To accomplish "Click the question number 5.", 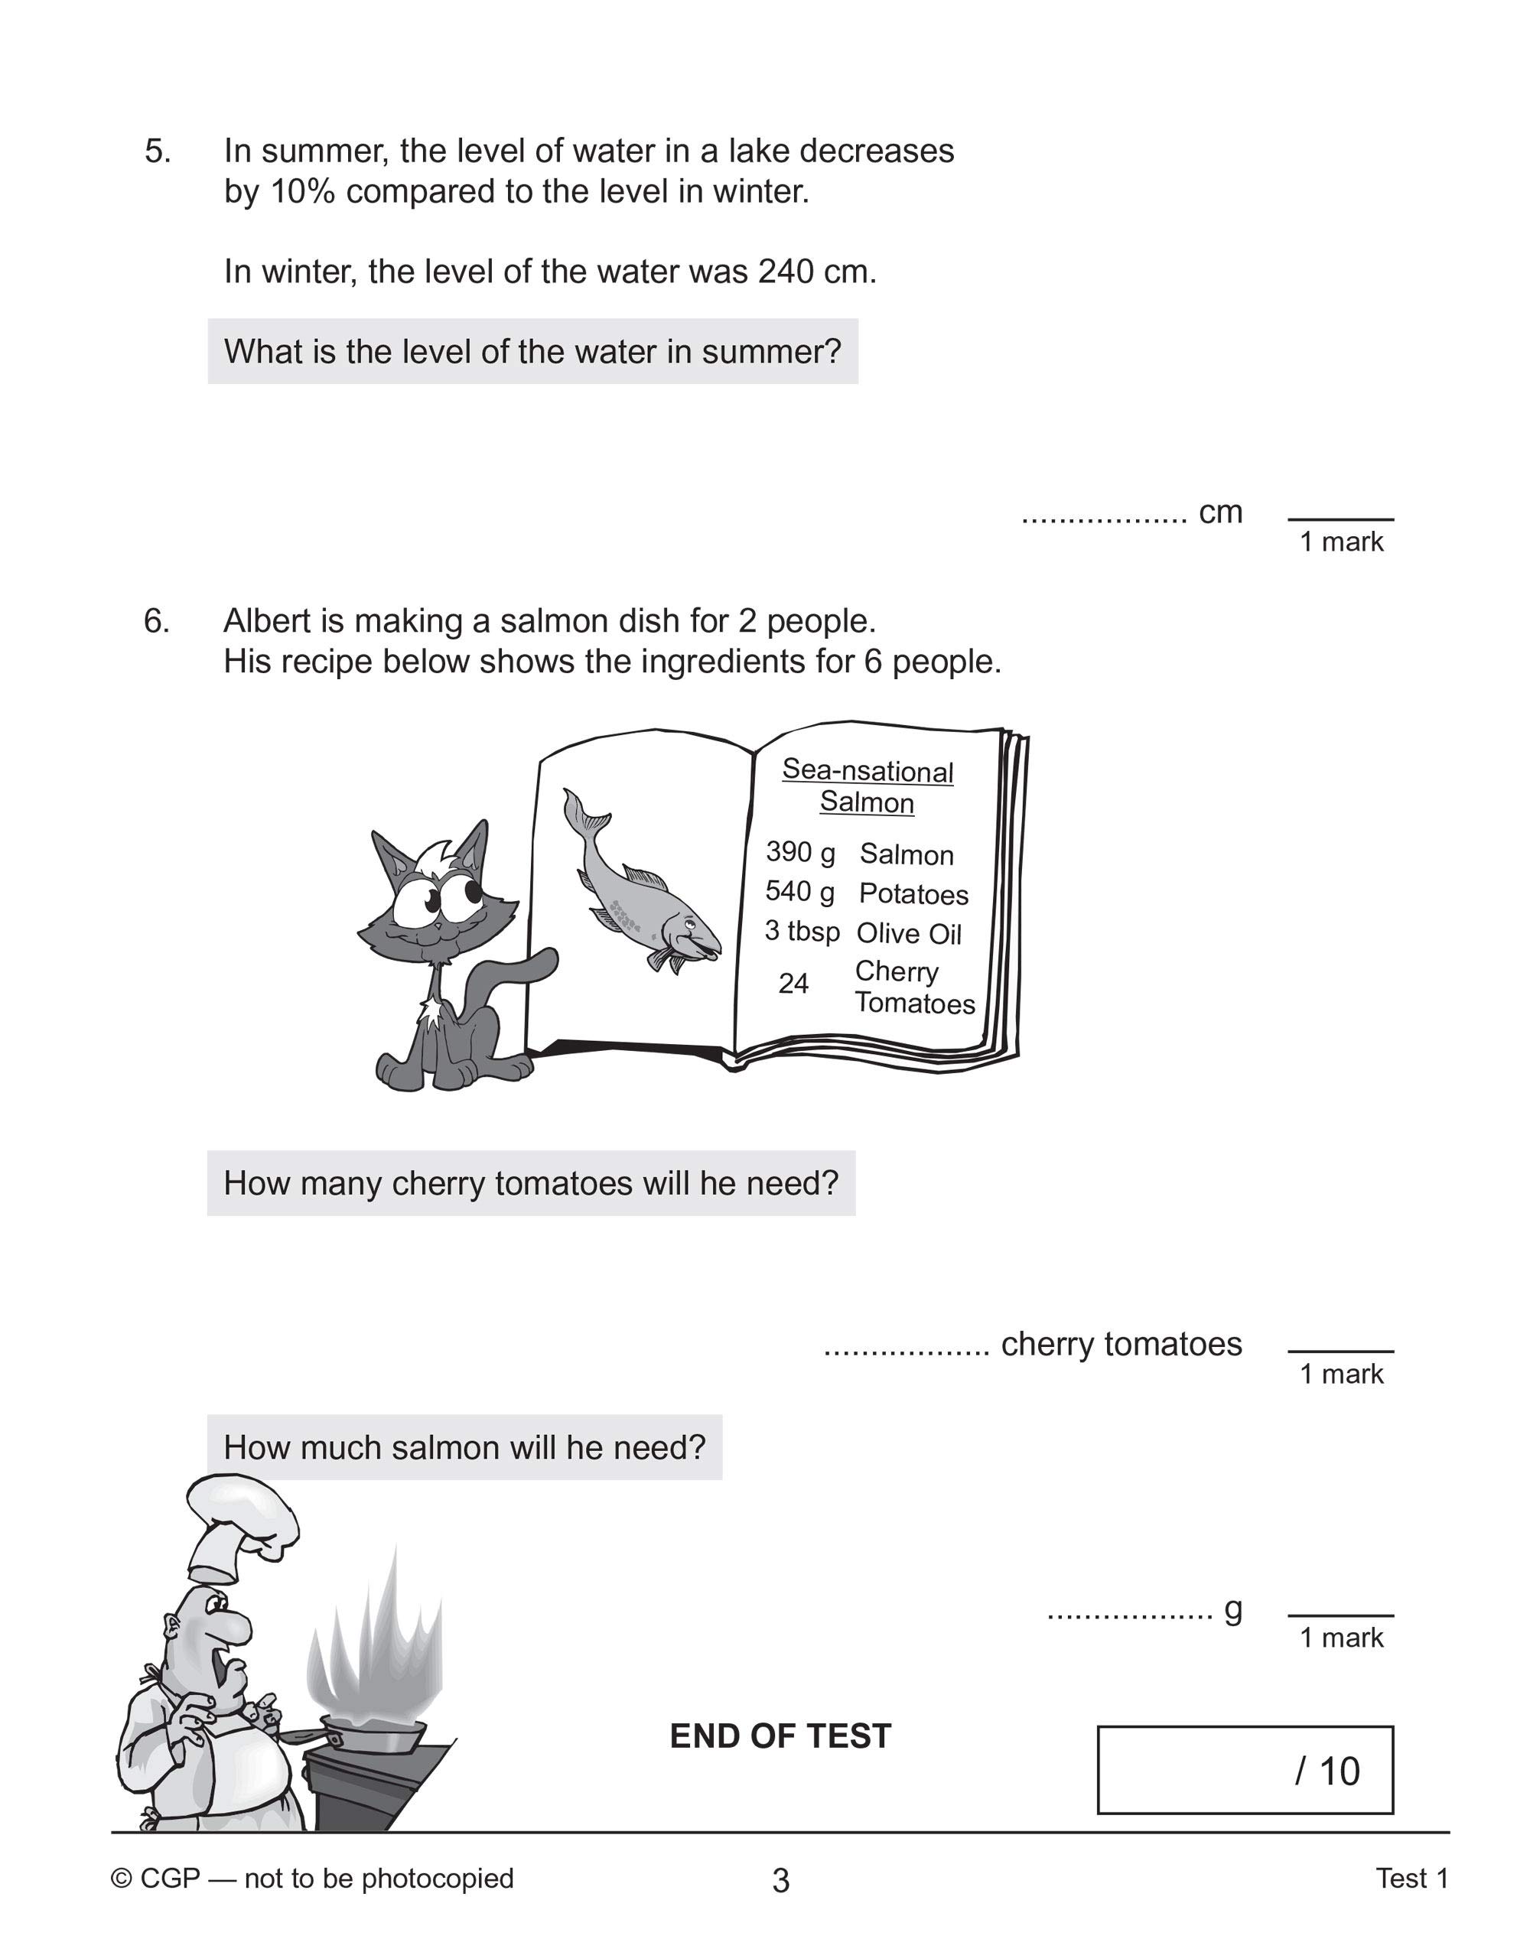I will tap(157, 151).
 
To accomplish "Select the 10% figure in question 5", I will tap(301, 192).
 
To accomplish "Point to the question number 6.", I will tap(156, 620).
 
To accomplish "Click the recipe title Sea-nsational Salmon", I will tap(867, 786).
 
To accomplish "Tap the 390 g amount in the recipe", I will tap(800, 851).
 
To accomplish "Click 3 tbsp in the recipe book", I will tap(802, 931).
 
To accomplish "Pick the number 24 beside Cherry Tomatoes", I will tap(793, 984).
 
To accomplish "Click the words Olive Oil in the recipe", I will tap(908, 934).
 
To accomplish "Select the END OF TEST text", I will tap(780, 1736).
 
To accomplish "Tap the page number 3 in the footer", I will tap(780, 1880).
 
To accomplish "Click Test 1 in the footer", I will tap(1411, 1879).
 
